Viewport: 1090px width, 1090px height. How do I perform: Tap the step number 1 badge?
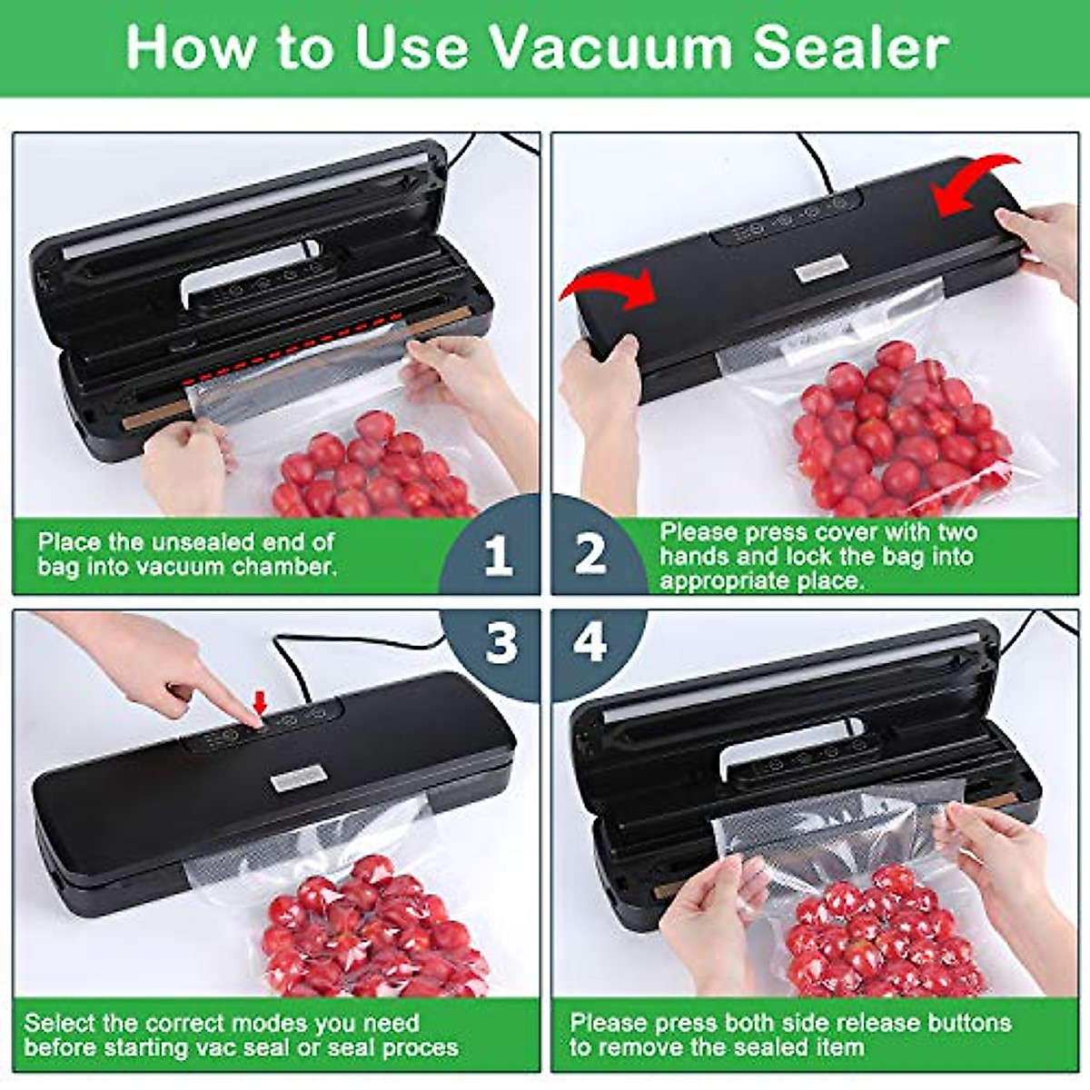[x=497, y=553]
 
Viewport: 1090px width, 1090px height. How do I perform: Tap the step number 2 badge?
[x=591, y=553]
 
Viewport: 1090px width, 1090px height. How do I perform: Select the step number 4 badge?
[x=591, y=644]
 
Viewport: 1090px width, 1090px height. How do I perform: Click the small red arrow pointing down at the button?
[x=261, y=702]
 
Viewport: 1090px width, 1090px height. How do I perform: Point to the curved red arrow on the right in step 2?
[x=977, y=182]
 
